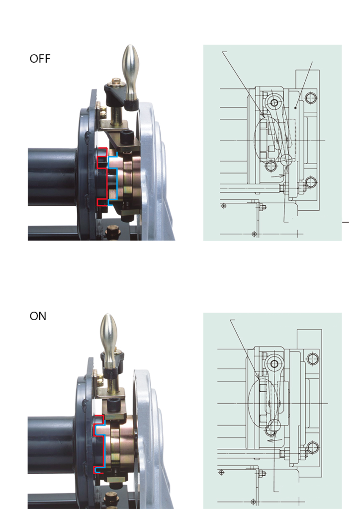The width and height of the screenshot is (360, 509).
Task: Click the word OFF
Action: [x=40, y=59]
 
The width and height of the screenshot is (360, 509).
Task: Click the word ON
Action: [x=38, y=316]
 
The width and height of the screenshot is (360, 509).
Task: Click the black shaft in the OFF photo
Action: [x=52, y=176]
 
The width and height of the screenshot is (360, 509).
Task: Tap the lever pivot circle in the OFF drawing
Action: [x=272, y=103]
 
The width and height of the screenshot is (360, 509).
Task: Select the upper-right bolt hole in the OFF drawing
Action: [x=310, y=98]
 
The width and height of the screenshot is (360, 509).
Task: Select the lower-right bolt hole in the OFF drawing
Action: [x=310, y=182]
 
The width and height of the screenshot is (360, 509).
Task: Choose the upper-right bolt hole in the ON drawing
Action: [x=312, y=358]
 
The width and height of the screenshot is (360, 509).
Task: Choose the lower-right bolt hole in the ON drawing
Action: [x=312, y=446]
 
